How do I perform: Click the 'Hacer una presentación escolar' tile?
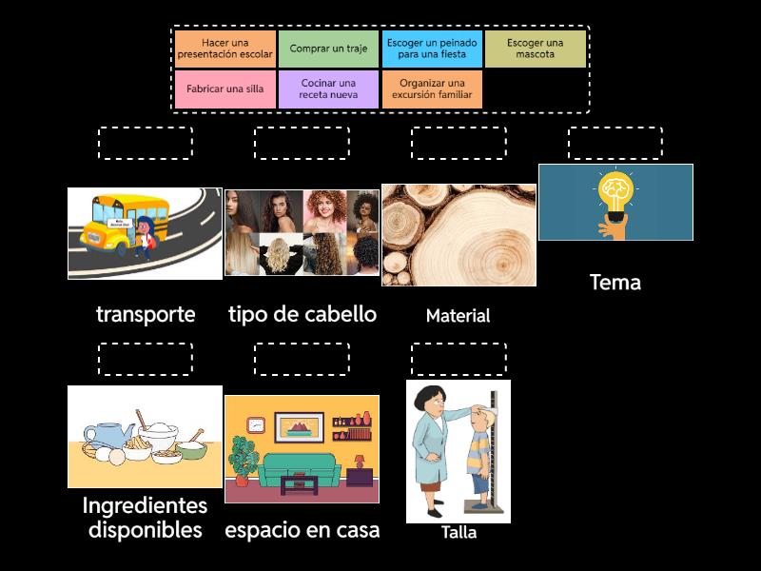[x=225, y=49]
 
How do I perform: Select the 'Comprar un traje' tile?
[x=328, y=49]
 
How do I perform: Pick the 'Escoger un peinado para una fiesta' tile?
[x=432, y=49]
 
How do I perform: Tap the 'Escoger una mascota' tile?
[x=535, y=49]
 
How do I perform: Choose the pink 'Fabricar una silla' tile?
[x=225, y=89]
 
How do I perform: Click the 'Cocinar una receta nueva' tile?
[x=328, y=89]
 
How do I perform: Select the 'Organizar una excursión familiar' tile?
[x=432, y=89]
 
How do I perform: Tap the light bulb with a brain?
[x=615, y=195]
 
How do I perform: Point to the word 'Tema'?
[x=615, y=282]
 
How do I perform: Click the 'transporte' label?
[x=146, y=314]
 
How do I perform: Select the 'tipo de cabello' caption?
[x=302, y=314]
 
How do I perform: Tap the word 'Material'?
[x=458, y=316]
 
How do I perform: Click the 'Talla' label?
[x=459, y=533]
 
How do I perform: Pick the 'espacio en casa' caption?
[x=302, y=530]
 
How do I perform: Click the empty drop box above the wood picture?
[x=459, y=143]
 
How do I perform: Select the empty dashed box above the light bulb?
[x=615, y=143]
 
